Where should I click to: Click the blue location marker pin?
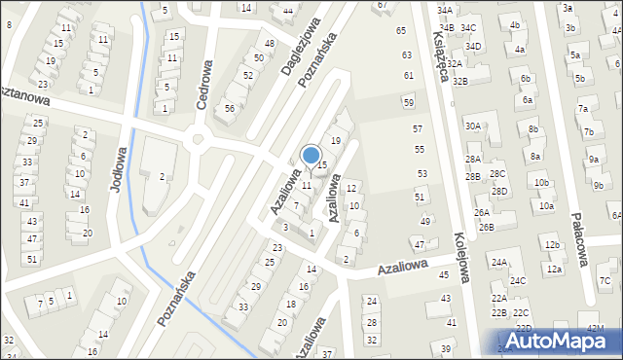pyautogui.click(x=311, y=156)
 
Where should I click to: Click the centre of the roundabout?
pyautogui.click(x=200, y=139)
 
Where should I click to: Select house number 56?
pyautogui.click(x=230, y=108)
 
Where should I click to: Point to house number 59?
pyautogui.click(x=409, y=102)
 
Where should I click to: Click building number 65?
pyautogui.click(x=401, y=31)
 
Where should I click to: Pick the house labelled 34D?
pyautogui.click(x=473, y=46)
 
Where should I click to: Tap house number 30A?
pyautogui.click(x=473, y=126)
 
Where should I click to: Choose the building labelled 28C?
pyautogui.click(x=497, y=173)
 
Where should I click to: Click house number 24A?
pyautogui.click(x=499, y=263)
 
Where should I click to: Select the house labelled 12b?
pyautogui.click(x=552, y=245)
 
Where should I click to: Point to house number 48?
pyautogui.click(x=270, y=44)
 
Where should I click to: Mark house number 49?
pyautogui.click(x=425, y=222)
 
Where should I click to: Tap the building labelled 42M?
pyautogui.click(x=595, y=329)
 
